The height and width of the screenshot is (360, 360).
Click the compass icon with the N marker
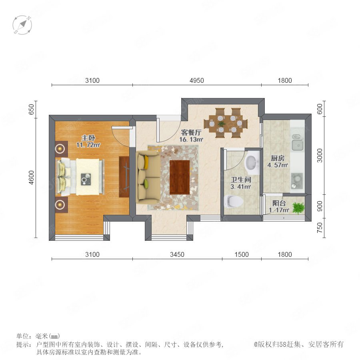(22, 25)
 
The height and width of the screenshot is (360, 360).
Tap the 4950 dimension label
(197, 80)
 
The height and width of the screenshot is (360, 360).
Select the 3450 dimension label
(177, 254)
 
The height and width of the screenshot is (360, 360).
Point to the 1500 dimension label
(242, 254)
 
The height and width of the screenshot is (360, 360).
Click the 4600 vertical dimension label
(31, 178)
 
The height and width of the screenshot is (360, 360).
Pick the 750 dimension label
(320, 228)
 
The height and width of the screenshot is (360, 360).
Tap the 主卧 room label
(88, 138)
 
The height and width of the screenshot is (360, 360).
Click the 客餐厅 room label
(191, 132)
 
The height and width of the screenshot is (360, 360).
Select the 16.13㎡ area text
(191, 139)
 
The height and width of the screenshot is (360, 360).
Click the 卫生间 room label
(241, 180)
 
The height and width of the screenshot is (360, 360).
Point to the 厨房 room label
(278, 158)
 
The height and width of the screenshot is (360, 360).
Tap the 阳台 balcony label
(279, 203)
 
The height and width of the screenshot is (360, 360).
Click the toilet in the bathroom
(234, 201)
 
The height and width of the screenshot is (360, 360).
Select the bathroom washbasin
(252, 164)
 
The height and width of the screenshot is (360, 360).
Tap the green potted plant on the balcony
(298, 208)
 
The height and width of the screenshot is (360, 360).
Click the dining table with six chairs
(226, 123)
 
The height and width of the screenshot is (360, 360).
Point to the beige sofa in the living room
(148, 177)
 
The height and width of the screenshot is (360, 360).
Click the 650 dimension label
(31, 110)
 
